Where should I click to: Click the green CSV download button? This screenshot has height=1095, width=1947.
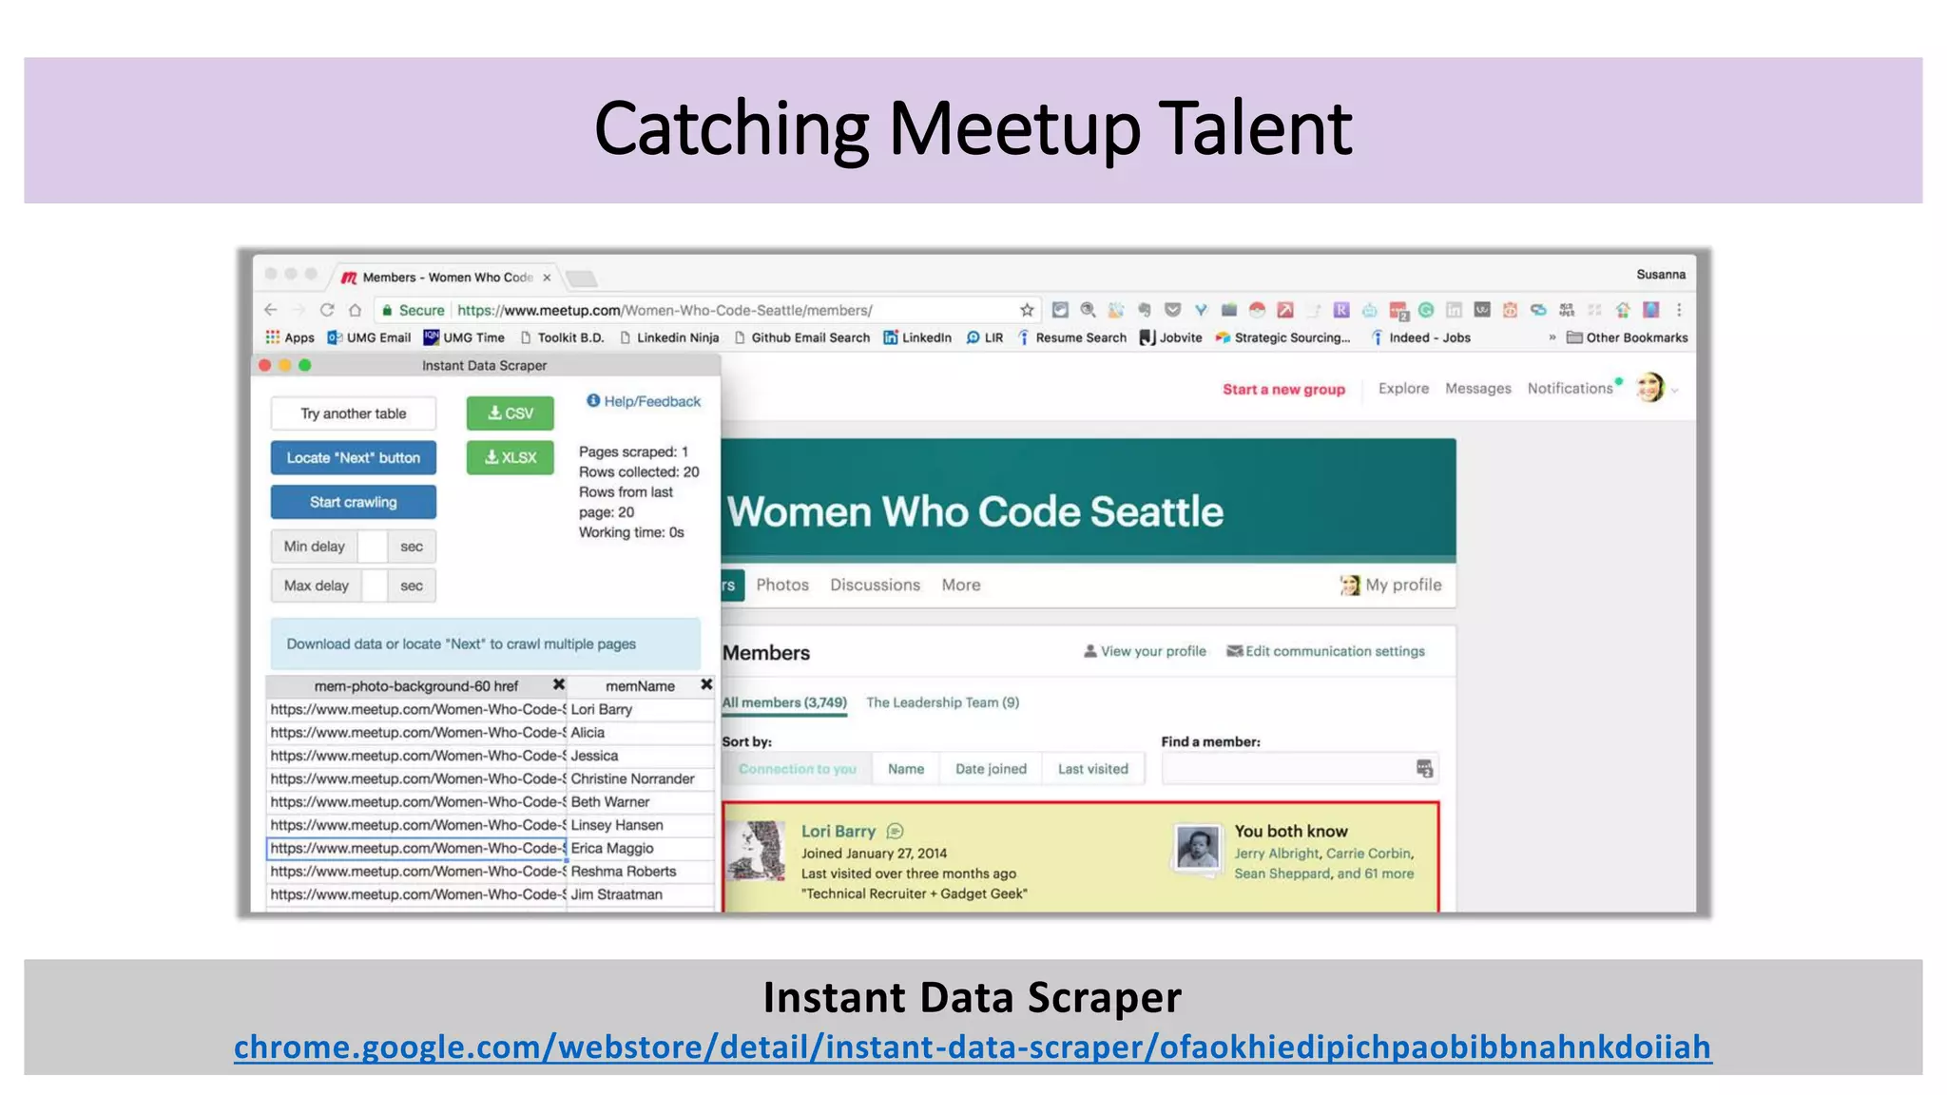510,413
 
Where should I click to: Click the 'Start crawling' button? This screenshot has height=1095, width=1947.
353,502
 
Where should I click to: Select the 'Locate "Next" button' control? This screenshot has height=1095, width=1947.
353,458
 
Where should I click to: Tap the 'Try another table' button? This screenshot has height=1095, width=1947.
353,413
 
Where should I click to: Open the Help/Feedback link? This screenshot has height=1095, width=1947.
644,401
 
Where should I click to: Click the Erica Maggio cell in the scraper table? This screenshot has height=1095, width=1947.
612,849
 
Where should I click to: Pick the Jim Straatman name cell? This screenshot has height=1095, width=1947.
616,894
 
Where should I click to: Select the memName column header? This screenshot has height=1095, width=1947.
639,686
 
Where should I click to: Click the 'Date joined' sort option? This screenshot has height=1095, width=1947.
991,769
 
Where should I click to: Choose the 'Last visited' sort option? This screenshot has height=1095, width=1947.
1092,769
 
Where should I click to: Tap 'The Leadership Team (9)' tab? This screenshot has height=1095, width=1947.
942,702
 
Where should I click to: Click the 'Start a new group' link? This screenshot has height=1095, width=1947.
1283,390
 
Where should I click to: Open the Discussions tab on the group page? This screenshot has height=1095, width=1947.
875,586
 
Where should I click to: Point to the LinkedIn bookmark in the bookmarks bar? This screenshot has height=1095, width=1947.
917,337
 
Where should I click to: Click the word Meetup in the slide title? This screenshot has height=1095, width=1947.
1013,129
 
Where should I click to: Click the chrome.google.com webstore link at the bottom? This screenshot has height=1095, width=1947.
973,1047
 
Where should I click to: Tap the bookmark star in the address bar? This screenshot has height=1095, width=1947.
1027,310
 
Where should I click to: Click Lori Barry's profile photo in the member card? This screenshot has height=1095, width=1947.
757,850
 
